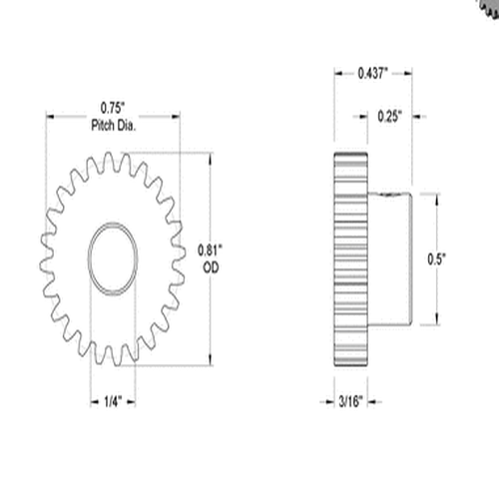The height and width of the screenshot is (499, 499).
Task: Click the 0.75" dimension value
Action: [112, 107]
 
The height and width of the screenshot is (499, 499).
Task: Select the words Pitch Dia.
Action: [112, 125]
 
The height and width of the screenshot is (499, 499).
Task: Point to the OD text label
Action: [211, 266]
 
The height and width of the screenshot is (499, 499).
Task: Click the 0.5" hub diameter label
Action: [436, 258]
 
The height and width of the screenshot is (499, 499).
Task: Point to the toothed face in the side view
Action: [349, 259]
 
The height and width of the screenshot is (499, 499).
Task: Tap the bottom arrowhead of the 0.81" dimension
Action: [210, 362]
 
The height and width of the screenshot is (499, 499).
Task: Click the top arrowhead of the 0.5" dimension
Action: [436, 196]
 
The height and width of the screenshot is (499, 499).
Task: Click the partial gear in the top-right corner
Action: [488, 7]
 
